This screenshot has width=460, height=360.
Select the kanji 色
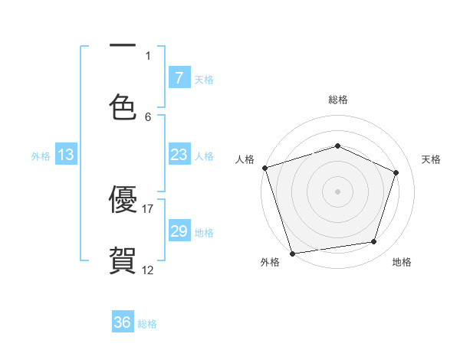123,107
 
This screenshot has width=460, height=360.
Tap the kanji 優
123,199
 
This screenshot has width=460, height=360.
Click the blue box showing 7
179,77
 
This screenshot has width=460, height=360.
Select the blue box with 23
179,155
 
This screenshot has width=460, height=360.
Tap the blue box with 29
179,231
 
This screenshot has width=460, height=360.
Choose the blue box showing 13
65,155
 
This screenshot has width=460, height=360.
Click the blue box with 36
123,322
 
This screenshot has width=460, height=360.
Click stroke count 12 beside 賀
148,270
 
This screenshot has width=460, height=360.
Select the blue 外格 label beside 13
41,155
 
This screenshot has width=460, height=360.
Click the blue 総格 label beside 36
147,323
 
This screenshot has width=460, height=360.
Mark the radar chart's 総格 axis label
337,100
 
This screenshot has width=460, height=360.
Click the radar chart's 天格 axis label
431,159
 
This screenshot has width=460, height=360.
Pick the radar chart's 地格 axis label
402,262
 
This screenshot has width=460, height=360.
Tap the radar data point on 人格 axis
264,168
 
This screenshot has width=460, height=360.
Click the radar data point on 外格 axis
292,253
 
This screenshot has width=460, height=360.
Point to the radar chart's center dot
337,191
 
